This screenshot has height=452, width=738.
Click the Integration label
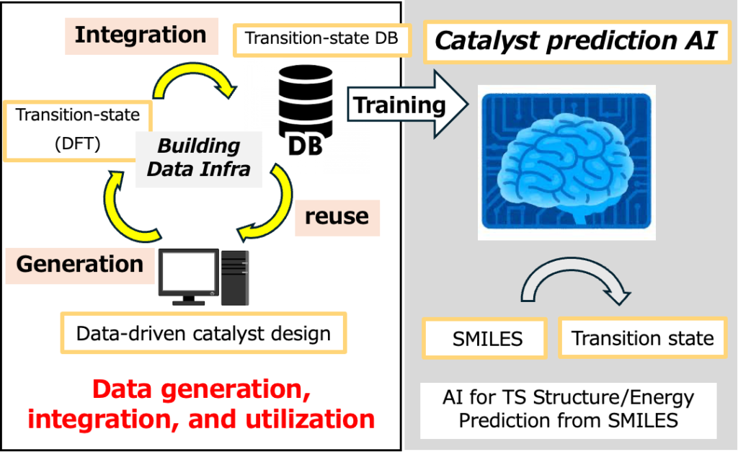coord(141,35)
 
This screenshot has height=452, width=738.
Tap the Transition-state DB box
coord(321,39)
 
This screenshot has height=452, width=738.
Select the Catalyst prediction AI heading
coord(575,41)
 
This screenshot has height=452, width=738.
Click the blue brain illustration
coord(566,161)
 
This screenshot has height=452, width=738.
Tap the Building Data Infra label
coord(198,157)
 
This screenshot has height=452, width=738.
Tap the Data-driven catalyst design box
coord(203,334)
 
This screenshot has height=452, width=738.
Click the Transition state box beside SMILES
coord(643,337)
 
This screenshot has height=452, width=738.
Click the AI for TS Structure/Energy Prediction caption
coord(569,409)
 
